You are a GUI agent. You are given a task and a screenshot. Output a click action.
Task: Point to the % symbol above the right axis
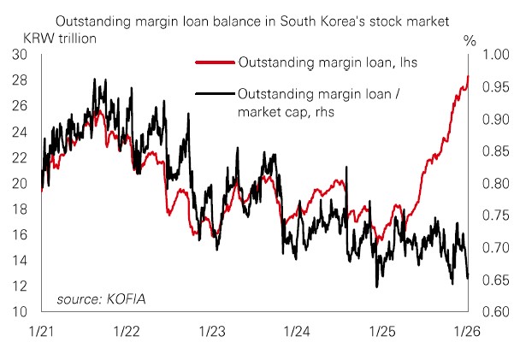[x=469, y=38]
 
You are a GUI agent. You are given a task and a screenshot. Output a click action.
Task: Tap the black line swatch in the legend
[x=214, y=93]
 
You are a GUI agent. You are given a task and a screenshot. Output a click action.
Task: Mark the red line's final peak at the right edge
[x=468, y=77]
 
